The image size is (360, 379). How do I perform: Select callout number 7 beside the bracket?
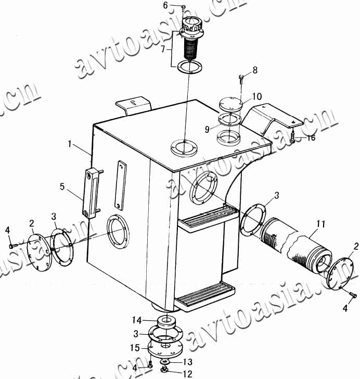163,49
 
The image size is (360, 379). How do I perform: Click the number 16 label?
311,138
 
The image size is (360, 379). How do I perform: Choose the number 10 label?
257,96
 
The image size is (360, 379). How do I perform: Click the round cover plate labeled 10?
229,103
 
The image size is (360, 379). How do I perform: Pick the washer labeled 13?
165,361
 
